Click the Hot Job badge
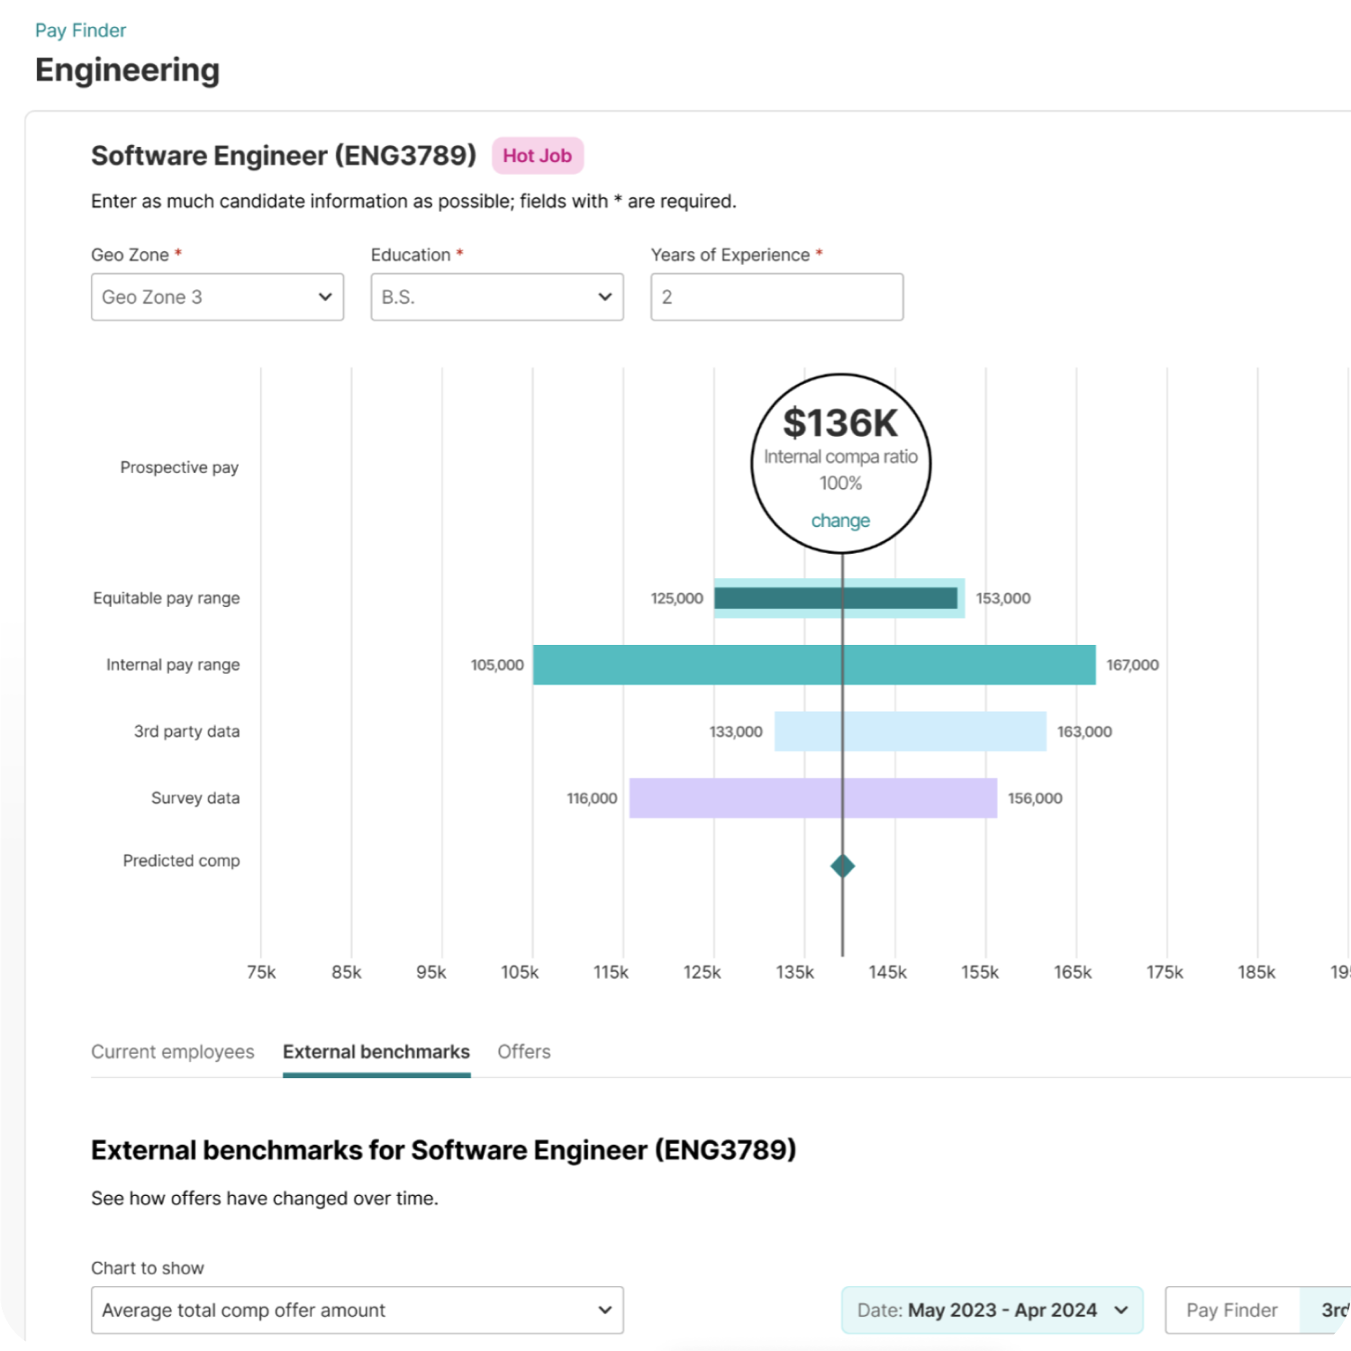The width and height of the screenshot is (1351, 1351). (537, 156)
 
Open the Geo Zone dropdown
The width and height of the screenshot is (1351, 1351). (217, 297)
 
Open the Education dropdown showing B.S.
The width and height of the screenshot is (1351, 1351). (496, 297)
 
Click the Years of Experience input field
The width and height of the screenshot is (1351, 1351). (776, 297)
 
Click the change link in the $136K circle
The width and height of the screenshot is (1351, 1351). (840, 521)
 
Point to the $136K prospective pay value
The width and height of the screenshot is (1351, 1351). (840, 423)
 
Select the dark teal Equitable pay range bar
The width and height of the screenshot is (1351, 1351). (835, 598)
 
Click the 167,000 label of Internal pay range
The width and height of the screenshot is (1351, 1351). (1132, 665)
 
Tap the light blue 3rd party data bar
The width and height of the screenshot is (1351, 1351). (910, 731)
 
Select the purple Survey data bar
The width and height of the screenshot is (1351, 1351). (812, 798)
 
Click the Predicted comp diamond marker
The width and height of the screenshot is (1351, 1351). (842, 866)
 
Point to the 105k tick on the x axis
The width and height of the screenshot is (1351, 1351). (520, 973)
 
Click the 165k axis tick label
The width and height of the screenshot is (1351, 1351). (1073, 973)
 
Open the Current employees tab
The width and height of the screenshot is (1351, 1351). (172, 1052)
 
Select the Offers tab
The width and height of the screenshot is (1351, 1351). (523, 1052)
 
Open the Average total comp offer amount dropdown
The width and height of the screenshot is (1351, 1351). (357, 1310)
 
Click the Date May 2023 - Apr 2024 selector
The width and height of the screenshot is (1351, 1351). (992, 1310)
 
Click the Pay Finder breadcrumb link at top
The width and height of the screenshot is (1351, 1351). (80, 31)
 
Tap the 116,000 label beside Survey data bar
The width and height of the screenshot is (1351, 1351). (592, 798)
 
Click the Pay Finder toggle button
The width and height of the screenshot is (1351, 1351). (1231, 1310)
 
